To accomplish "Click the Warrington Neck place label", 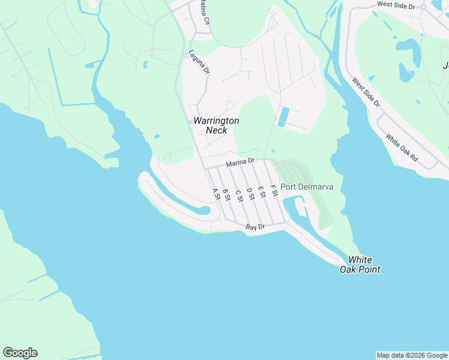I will pos(216,125).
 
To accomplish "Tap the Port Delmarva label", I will pos(307,187).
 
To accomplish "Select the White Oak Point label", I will pos(360,265).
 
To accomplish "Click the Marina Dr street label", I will pos(241,162).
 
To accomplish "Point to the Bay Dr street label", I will pos(255,227).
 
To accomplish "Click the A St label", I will pos(215,194).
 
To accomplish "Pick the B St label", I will pos(226,194).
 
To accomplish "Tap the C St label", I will pos(238,195).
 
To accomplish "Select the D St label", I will pos(250,193).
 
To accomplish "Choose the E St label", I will pos(261,192).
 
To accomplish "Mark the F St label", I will pos(273,191).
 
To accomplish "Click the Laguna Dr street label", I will pos(199,62).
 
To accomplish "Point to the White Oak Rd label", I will pos(402,150).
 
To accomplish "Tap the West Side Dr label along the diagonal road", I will pos(366,92).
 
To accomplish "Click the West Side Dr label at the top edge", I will pos(396,5).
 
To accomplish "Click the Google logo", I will pos(20,353).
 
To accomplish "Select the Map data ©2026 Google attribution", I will pos(412,355).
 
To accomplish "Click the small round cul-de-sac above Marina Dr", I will pos(258,149).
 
